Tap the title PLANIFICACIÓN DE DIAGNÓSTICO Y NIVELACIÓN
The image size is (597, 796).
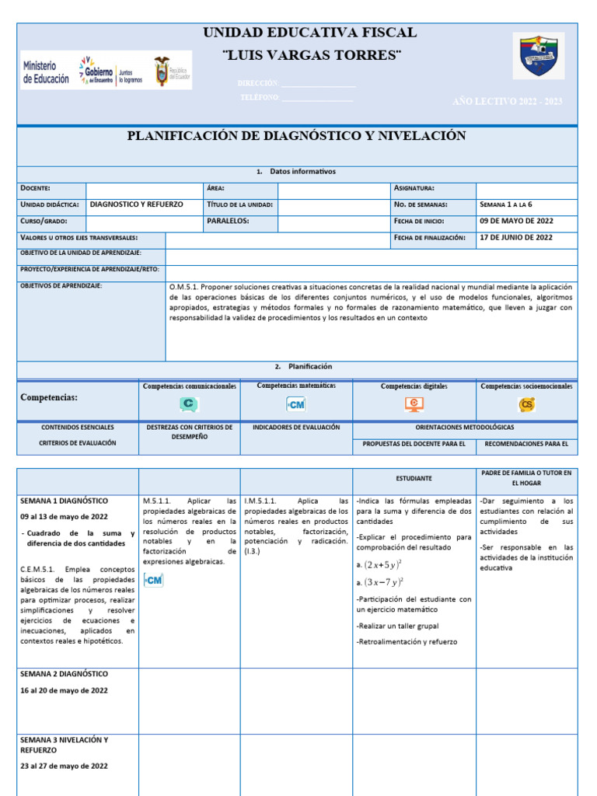pyautogui.click(x=296, y=136)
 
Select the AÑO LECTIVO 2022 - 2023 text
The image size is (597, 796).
pyautogui.click(x=507, y=102)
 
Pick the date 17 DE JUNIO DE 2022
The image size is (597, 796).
pyautogui.click(x=517, y=238)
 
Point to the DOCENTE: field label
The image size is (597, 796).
pyautogui.click(x=36, y=188)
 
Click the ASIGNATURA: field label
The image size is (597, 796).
pyautogui.click(x=414, y=188)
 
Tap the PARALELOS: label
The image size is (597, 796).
pyautogui.click(x=228, y=221)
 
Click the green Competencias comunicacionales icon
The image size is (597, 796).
pyautogui.click(x=189, y=404)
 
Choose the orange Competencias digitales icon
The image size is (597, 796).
pyautogui.click(x=414, y=404)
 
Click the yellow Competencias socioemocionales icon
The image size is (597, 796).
pyautogui.click(x=526, y=404)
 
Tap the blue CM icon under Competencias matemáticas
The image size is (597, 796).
pyautogui.click(x=296, y=404)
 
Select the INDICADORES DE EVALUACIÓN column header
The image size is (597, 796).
pyautogui.click(x=295, y=428)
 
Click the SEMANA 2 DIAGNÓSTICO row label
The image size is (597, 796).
pyautogui.click(x=65, y=674)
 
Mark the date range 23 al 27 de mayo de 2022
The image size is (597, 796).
pyautogui.click(x=65, y=766)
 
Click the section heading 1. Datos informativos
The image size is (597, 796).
pyautogui.click(x=296, y=172)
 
